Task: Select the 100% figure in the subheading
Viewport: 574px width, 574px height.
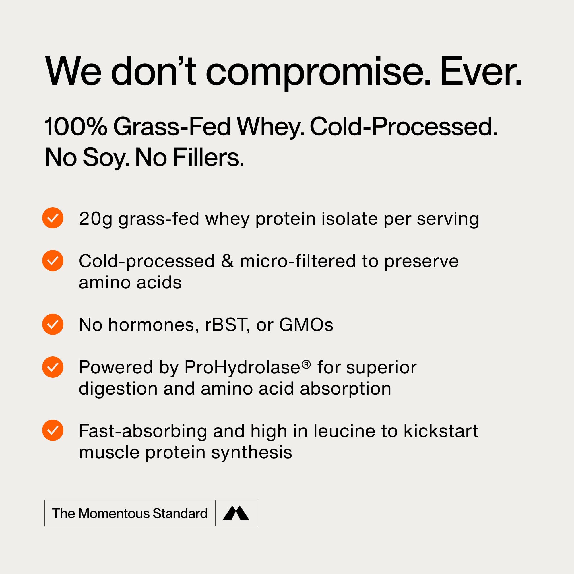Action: [x=76, y=127]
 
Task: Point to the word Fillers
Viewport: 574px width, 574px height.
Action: [x=208, y=158]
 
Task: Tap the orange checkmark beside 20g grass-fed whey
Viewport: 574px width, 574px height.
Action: [x=53, y=218]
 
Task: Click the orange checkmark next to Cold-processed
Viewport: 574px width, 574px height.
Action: [x=53, y=261]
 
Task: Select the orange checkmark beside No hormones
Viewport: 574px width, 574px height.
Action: [x=53, y=324]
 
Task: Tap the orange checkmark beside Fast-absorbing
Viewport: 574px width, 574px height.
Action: [x=53, y=430]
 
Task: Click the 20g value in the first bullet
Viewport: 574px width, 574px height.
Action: [x=95, y=219]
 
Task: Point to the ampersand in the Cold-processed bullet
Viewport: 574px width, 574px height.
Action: [x=227, y=261]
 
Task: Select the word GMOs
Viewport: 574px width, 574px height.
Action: [x=306, y=325]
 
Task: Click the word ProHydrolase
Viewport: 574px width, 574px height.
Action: [x=242, y=368]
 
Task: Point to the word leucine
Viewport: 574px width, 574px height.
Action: [x=344, y=431]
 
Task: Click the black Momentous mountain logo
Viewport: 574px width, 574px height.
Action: [x=236, y=513]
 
